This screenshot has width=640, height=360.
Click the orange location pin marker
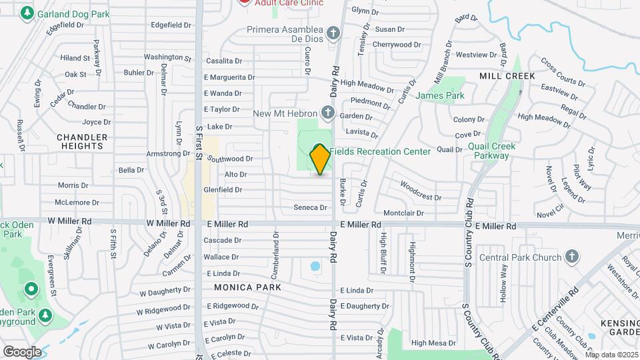click(320, 159)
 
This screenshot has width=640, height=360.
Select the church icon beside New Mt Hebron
click(327, 112)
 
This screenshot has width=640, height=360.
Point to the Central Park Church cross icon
click(571, 257)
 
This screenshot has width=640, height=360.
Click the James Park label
click(439, 95)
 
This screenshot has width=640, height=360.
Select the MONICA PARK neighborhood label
click(247, 287)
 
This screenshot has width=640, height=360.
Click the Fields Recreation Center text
click(380, 151)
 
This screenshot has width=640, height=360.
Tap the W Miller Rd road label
click(69, 221)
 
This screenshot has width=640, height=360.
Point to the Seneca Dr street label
click(311, 207)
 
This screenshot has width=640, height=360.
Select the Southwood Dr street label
click(230, 159)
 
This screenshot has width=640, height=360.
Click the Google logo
click(22, 351)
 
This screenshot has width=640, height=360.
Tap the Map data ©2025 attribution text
click(611, 355)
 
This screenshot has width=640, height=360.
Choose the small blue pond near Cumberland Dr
click(315, 267)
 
